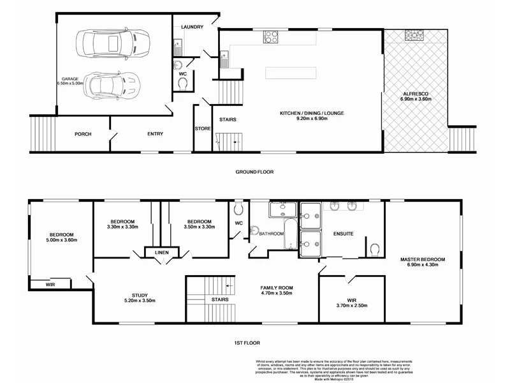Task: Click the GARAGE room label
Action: pos(70,80)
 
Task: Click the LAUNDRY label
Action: pos(192,27)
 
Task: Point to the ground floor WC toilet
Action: pos(183,83)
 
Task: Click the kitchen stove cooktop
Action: pos(270,36)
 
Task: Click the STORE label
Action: pos(203,129)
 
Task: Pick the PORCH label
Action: pos(83,134)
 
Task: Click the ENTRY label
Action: pos(155,134)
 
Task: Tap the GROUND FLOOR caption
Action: pos(255,172)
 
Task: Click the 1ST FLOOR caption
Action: pos(255,343)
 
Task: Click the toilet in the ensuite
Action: pos(375,248)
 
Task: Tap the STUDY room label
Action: pos(140,298)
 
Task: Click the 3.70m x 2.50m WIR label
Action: pos(351,303)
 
